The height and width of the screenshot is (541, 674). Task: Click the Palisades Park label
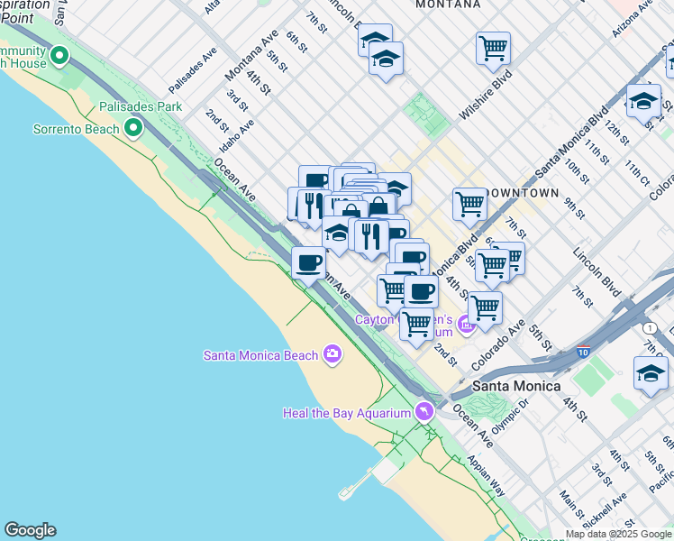pos(142,106)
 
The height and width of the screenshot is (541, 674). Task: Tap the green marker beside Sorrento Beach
pos(133,129)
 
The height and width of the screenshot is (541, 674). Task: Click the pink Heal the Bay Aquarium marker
pos(423,412)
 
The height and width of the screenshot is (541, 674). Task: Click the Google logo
pos(30,530)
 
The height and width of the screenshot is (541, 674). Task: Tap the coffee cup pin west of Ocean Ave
pos(308,263)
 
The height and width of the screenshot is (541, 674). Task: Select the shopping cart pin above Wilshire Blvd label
pos(493,49)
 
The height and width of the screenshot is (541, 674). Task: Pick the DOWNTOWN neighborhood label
pos(523,193)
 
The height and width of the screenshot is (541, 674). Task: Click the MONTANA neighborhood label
pos(447,5)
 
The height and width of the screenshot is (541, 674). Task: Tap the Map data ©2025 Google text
pos(617,534)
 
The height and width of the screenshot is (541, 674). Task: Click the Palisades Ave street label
pos(194,71)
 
